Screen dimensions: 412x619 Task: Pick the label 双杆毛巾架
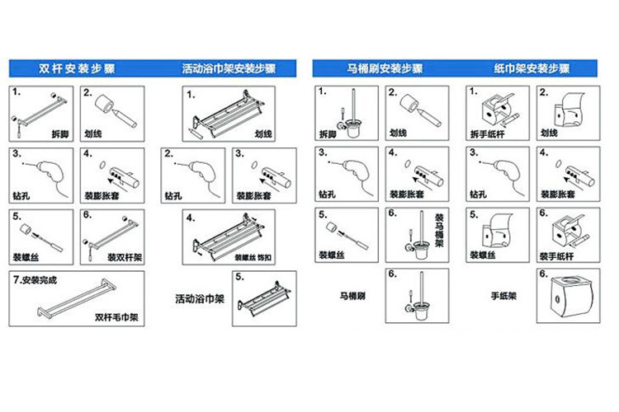[116, 315]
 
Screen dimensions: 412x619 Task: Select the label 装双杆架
[123, 256]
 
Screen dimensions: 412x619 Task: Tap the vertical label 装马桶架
[439, 231]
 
